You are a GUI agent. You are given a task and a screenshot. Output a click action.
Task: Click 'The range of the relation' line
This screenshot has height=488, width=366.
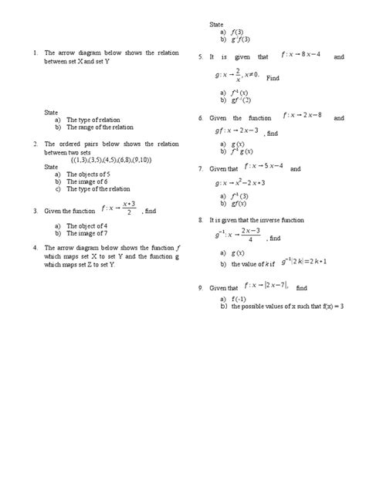click(100, 127)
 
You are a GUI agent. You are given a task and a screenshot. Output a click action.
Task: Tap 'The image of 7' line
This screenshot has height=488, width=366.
click(87, 232)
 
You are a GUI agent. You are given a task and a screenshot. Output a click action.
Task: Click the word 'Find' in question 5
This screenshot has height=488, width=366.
click(273, 78)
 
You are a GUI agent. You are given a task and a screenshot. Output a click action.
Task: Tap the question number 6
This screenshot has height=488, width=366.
click(201, 118)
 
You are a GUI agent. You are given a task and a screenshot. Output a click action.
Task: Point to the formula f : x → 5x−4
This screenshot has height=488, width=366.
click(263, 167)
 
